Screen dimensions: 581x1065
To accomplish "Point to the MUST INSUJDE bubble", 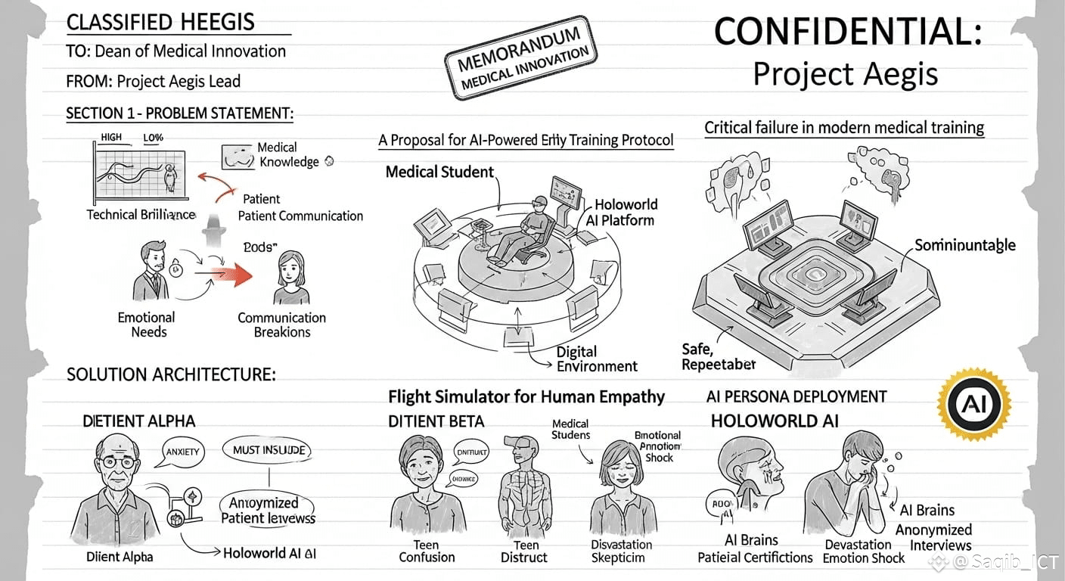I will click(269, 450).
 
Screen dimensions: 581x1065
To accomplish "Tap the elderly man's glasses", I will click(119, 461).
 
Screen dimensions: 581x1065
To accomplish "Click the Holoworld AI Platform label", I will click(620, 213).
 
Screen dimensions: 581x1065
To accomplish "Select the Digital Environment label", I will click(597, 359).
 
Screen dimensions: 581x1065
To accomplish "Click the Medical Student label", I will click(439, 172).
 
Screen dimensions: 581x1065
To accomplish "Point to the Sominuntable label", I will click(964, 245).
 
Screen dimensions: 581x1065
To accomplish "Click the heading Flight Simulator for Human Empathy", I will click(526, 396).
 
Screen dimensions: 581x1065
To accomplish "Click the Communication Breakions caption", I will click(281, 325).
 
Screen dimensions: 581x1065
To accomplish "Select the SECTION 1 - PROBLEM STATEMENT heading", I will click(179, 113).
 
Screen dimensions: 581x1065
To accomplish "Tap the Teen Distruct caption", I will click(523, 551).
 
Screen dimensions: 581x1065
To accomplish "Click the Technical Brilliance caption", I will click(140, 214).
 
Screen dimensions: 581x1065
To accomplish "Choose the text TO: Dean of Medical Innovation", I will click(175, 51).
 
